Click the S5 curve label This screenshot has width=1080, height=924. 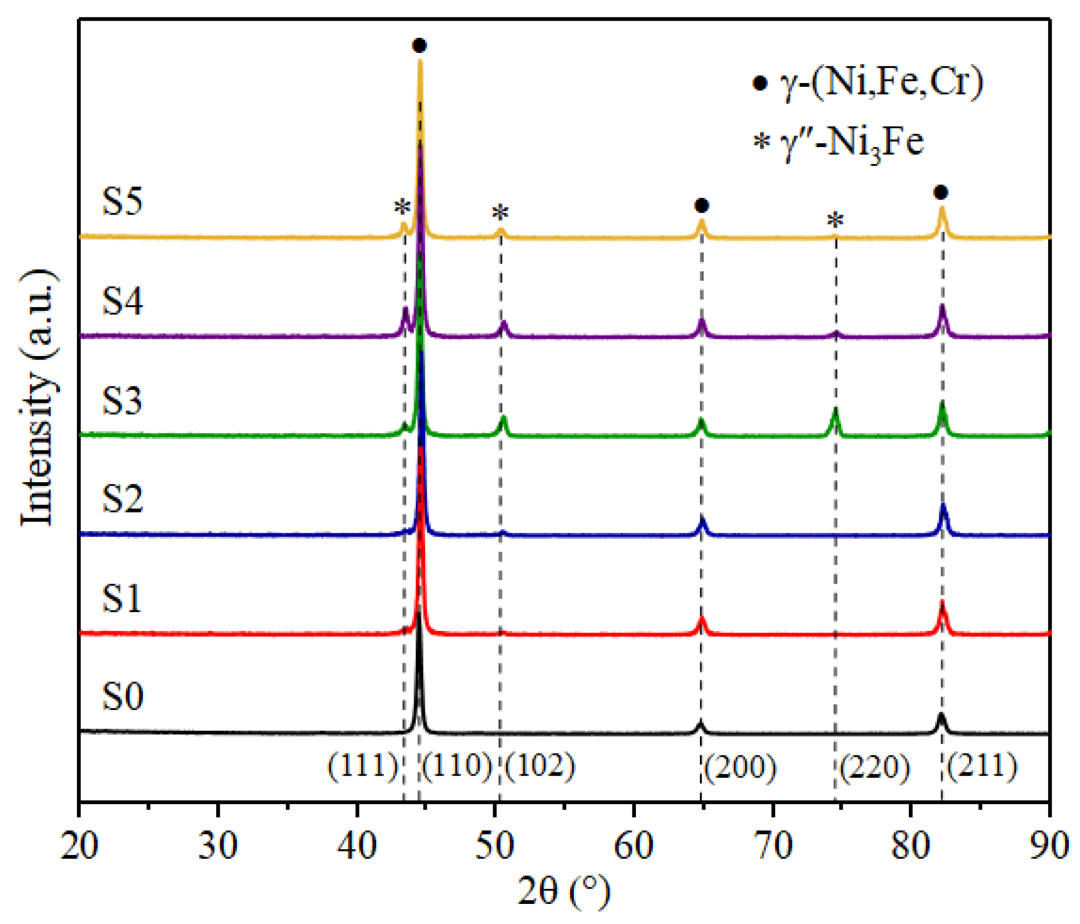pyautogui.click(x=122, y=201)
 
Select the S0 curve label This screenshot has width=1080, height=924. pyautogui.click(x=122, y=696)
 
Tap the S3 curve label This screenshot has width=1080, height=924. pyautogui.click(x=122, y=400)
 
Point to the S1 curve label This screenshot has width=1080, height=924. pyautogui.click(x=122, y=599)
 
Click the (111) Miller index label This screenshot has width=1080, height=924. pyautogui.click(x=362, y=765)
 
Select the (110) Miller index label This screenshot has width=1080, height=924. pyautogui.click(x=457, y=765)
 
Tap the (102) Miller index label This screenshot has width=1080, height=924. pyautogui.click(x=539, y=765)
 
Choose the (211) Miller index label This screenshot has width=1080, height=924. pyautogui.click(x=982, y=765)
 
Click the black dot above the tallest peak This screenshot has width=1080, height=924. pyautogui.click(x=420, y=45)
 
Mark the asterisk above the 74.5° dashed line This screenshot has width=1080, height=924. pyautogui.click(x=835, y=221)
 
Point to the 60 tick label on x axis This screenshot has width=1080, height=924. pyautogui.click(x=634, y=845)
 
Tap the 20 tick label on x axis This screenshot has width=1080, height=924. pyautogui.click(x=80, y=845)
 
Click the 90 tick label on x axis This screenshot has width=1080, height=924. pyautogui.click(x=1049, y=845)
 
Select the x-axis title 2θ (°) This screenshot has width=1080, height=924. pyautogui.click(x=563, y=891)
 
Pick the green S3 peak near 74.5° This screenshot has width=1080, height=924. pyautogui.click(x=835, y=415)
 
